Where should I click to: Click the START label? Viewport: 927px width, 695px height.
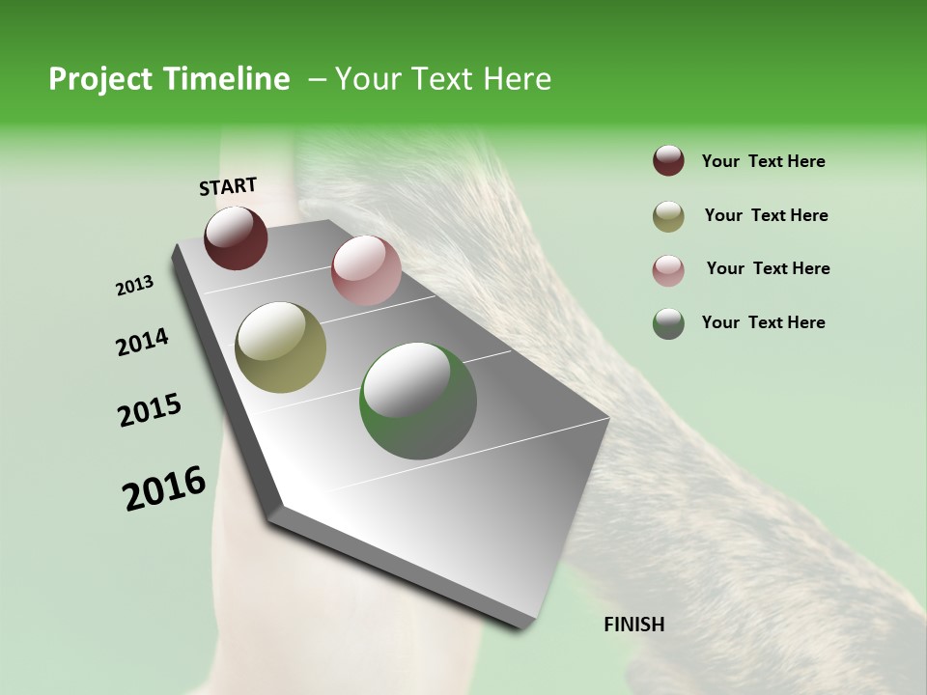228,186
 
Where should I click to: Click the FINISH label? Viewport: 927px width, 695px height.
633,625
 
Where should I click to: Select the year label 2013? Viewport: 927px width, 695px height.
135,286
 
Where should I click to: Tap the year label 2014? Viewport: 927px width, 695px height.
142,342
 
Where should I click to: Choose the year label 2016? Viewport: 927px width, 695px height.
164,488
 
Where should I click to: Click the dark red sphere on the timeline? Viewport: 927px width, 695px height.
236,238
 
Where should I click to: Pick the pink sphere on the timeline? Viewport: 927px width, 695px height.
366,270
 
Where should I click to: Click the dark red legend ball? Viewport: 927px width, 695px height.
668,161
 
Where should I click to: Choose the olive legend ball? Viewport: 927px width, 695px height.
668,216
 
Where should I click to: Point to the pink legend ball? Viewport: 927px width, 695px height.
668,270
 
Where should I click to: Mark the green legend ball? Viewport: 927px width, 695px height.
668,323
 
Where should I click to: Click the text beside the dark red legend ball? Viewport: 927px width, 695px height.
763,161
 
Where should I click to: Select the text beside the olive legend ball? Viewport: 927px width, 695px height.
766,215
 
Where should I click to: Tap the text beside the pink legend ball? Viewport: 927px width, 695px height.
768,268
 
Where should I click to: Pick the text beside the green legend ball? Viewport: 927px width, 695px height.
763,322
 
